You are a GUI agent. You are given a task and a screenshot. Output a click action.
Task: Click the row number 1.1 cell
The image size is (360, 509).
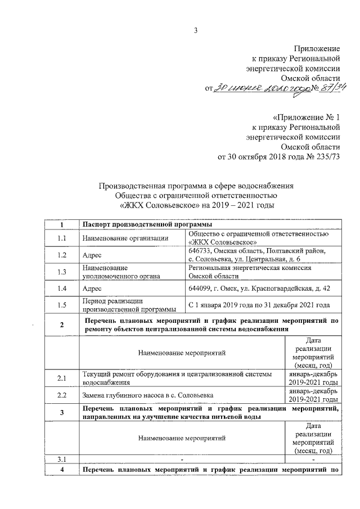(x=62, y=238)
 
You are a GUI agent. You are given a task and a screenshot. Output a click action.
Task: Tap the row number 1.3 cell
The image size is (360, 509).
(x=62, y=272)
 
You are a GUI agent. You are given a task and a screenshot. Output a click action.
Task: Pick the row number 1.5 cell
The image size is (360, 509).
(x=62, y=305)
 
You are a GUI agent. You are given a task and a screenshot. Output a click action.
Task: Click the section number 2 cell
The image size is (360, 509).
(x=62, y=325)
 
